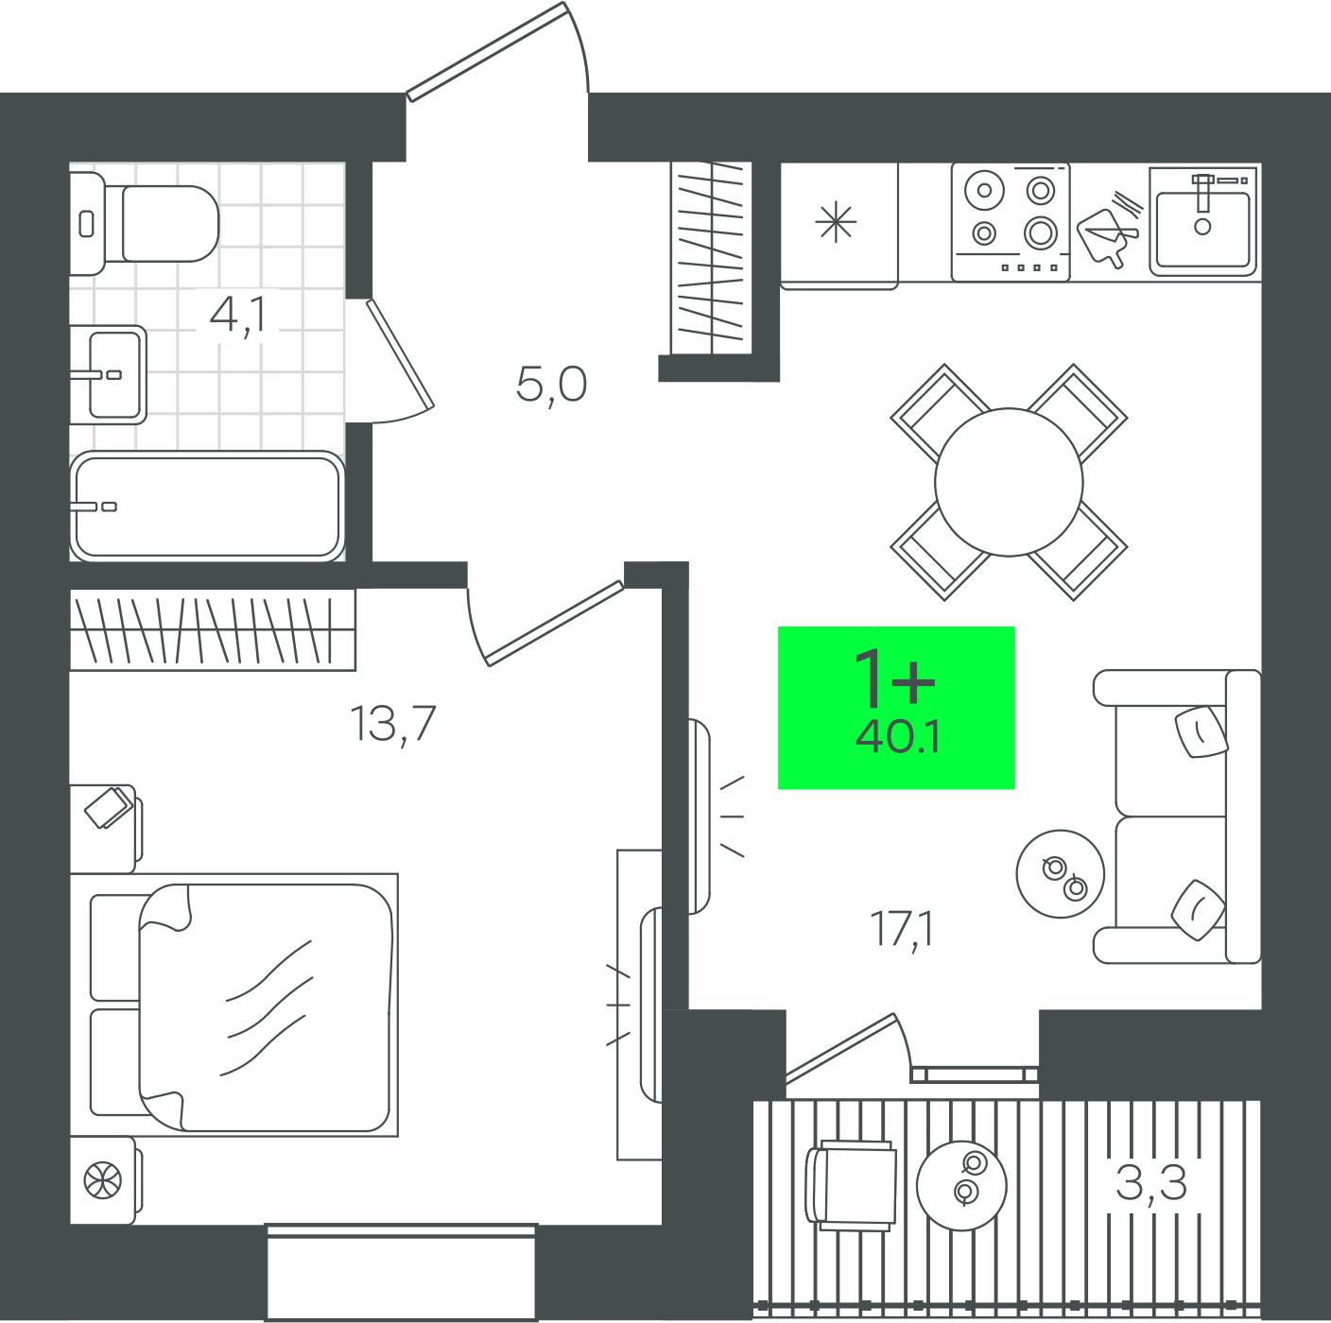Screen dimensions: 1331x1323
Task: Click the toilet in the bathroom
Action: (x=145, y=223)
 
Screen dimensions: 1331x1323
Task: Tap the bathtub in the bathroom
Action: (x=207, y=506)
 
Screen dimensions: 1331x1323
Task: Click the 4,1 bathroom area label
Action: (x=237, y=317)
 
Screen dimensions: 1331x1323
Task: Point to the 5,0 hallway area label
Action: (x=551, y=386)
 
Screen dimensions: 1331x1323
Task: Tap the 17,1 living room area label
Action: (x=902, y=930)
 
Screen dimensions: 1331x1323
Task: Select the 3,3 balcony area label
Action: (x=1151, y=1183)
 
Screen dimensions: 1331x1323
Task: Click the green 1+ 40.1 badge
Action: (x=896, y=708)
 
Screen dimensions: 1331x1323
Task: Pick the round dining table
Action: (x=1009, y=482)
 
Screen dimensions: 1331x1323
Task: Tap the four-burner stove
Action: (x=1011, y=222)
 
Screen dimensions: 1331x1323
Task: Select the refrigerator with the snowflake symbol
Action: (x=839, y=226)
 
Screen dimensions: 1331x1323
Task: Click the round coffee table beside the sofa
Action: (x=1061, y=873)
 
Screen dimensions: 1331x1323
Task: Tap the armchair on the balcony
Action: (x=850, y=1186)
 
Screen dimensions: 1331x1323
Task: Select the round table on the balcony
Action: (x=961, y=1185)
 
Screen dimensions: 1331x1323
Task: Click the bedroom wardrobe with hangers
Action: (x=213, y=629)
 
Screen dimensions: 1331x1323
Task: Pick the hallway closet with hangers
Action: (x=711, y=258)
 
